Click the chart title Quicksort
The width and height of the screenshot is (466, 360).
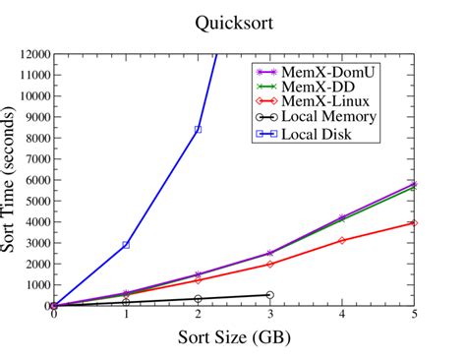pyautogui.click(x=232, y=20)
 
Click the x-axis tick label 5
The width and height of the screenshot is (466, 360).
pyautogui.click(x=414, y=315)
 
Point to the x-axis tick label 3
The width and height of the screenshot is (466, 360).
pyautogui.click(x=269, y=315)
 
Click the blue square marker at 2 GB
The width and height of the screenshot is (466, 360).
pyautogui.click(x=198, y=130)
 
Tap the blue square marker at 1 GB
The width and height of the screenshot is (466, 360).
pyautogui.click(x=126, y=244)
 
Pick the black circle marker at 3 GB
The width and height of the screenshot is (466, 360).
pyautogui.click(x=269, y=294)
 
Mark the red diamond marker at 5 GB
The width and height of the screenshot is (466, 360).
pyautogui.click(x=414, y=222)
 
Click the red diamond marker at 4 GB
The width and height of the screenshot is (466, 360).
pyautogui.click(x=342, y=240)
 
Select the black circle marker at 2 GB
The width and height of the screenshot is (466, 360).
pyautogui.click(x=198, y=298)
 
